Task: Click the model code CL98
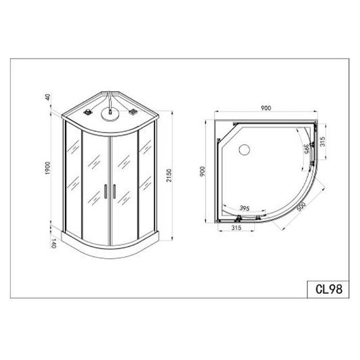tap(329, 289)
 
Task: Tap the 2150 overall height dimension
tap(169, 175)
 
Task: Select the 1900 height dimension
tap(48, 168)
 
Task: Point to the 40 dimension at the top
tap(48, 97)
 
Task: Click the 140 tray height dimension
tap(53, 243)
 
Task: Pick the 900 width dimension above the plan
tap(266, 108)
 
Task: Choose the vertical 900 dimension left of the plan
tap(202, 171)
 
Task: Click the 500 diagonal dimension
tap(301, 206)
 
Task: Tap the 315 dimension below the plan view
tap(236, 228)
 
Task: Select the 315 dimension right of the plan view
tap(323, 142)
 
